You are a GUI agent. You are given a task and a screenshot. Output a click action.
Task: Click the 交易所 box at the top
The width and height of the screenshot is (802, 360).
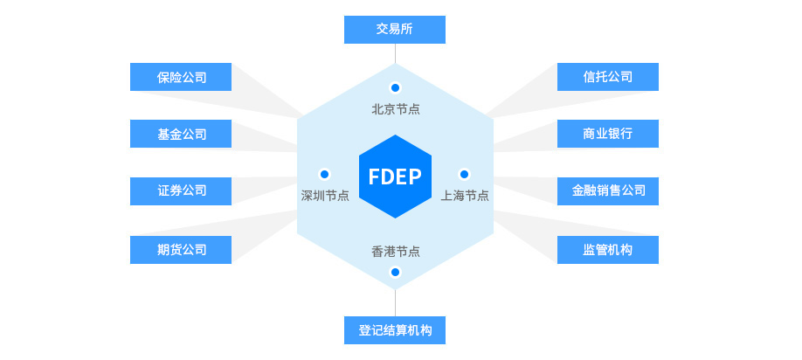(395, 30)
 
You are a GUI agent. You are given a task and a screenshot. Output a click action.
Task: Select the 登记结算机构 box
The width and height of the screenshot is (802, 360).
(395, 330)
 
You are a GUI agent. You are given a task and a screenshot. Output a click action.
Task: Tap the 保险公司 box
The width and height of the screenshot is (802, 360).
(181, 77)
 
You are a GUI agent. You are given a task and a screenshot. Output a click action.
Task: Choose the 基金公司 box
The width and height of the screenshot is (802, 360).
(181, 134)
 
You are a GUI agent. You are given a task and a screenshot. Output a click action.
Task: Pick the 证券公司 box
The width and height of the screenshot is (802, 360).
(181, 191)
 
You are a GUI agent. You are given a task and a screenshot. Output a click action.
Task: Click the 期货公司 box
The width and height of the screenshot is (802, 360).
(181, 250)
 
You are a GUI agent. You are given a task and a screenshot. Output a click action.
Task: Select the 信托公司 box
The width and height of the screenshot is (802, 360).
(608, 77)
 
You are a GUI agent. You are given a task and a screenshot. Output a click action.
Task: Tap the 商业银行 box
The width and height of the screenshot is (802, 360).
(608, 134)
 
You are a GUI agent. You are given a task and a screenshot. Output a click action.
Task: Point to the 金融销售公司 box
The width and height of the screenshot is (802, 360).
(608, 191)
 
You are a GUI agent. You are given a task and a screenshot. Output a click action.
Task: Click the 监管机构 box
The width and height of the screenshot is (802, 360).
(608, 250)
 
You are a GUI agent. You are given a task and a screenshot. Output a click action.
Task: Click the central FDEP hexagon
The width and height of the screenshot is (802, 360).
(395, 177)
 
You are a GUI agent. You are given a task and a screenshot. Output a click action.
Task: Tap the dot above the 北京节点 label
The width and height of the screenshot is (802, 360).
(395, 87)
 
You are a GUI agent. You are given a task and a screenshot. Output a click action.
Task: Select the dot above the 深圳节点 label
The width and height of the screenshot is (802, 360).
(325, 174)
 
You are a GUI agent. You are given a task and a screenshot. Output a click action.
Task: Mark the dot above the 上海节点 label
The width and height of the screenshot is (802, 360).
(464, 174)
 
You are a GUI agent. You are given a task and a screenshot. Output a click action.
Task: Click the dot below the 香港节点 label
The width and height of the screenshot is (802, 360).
(395, 272)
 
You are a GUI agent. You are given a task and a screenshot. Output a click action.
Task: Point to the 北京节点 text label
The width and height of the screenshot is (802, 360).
(395, 109)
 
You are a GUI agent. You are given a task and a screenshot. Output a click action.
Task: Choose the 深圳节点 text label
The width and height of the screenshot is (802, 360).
(325, 196)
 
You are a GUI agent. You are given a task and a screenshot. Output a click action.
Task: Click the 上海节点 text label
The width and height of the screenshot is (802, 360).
(465, 196)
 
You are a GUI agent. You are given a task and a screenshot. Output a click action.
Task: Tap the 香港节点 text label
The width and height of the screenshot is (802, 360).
(395, 251)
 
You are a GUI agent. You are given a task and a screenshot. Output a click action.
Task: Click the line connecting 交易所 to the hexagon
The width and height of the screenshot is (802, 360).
(395, 53)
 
